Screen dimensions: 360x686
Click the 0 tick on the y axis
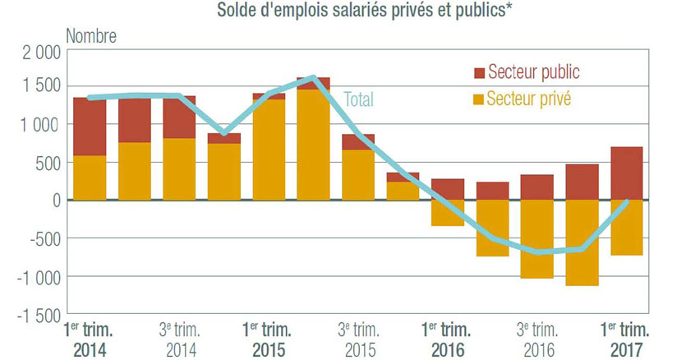54,200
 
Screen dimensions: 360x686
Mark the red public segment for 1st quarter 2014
90,127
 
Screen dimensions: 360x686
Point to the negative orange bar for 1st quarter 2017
625,228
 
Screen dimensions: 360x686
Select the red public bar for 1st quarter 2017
625,173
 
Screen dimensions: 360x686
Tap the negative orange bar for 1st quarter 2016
447,213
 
